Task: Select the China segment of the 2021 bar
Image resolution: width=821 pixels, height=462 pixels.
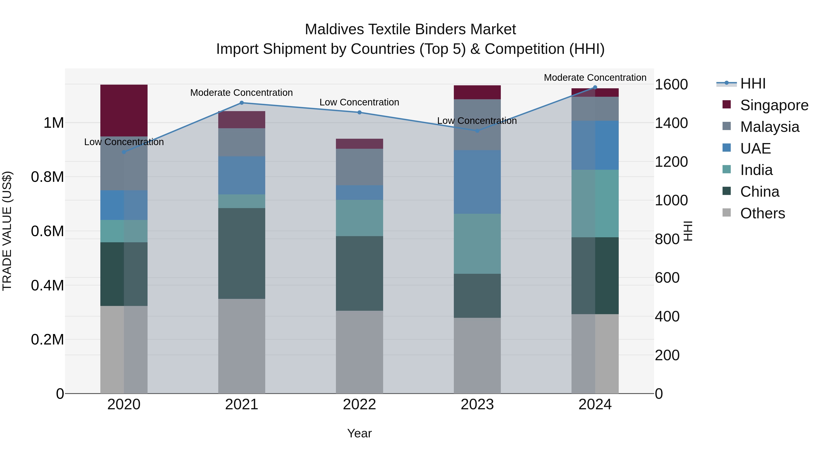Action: point(241,253)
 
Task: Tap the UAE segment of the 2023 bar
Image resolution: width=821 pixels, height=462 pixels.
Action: point(477,182)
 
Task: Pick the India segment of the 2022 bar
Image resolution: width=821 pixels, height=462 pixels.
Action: point(359,218)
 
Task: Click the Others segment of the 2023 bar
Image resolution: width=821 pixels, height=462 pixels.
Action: point(477,355)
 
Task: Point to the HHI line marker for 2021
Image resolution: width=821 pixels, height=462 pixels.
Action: point(241,103)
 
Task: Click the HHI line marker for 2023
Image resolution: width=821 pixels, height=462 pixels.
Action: point(477,131)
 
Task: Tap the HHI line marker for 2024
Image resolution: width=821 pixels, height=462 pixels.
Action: point(595,87)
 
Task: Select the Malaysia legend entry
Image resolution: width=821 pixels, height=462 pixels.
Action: point(769,127)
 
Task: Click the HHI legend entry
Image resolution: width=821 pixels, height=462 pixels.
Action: point(753,84)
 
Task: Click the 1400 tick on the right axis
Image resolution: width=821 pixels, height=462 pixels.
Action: point(671,123)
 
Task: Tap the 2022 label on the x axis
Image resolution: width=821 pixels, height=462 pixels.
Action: point(359,405)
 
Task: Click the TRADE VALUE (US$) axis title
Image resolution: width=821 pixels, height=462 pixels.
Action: point(7,231)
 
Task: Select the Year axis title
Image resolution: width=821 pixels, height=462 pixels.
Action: point(359,433)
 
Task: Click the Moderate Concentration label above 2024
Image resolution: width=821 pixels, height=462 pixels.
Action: point(595,78)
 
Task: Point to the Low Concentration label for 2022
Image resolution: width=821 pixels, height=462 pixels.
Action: point(359,102)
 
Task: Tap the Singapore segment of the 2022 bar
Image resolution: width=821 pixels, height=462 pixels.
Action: point(359,144)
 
